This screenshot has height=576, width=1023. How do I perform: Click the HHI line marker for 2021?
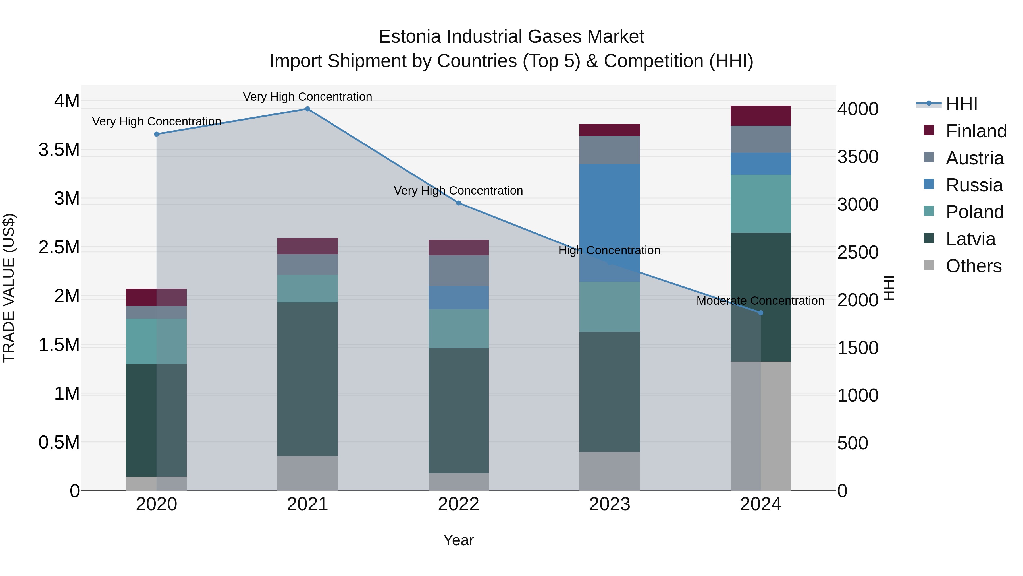pyautogui.click(x=307, y=109)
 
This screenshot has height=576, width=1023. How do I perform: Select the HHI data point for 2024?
pyautogui.click(x=760, y=313)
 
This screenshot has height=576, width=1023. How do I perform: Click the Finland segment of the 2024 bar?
pyautogui.click(x=760, y=116)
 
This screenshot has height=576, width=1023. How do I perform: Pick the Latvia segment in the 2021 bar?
pyautogui.click(x=307, y=379)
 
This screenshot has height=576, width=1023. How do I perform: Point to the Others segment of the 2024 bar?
pyautogui.click(x=760, y=426)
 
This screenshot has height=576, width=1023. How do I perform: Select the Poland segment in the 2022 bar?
pyautogui.click(x=458, y=329)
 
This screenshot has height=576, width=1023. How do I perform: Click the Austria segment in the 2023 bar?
pyautogui.click(x=610, y=150)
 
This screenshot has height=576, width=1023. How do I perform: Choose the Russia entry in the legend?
pyautogui.click(x=974, y=185)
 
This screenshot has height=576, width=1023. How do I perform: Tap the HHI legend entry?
pyautogui.click(x=961, y=104)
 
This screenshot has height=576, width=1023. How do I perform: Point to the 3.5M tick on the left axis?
pyautogui.click(x=59, y=150)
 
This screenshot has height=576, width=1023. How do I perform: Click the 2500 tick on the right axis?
pyautogui.click(x=858, y=252)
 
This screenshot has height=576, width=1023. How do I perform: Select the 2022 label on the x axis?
pyautogui.click(x=458, y=504)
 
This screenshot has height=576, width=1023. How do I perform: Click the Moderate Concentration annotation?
pyautogui.click(x=760, y=301)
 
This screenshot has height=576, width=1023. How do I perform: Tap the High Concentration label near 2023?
pyautogui.click(x=609, y=250)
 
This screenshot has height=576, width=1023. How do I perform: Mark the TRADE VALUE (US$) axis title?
pyautogui.click(x=9, y=288)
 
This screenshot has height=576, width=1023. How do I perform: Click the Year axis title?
pyautogui.click(x=458, y=540)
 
